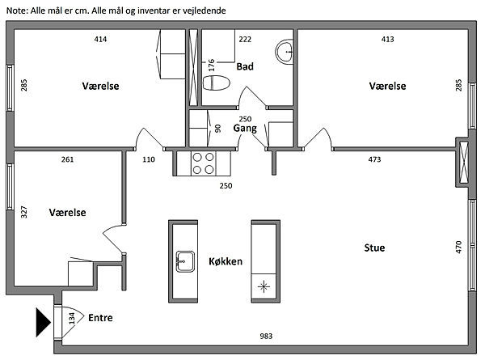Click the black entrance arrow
coord(43,322)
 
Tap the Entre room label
coord(100,318)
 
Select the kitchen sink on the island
coord(185,261)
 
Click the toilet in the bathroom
coord(217,83)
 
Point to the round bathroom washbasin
coord(285,52)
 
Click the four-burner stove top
coord(203,163)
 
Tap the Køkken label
coord(226,261)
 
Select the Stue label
coord(374,248)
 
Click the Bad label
coord(245,66)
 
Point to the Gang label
coord(245,128)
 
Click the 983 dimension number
coord(266,337)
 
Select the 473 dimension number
coord(374,159)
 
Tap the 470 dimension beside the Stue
coord(458,247)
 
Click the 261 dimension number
coord(67,159)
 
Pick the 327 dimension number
coord(24,212)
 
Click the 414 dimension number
coord(100,39)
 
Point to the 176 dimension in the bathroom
coord(212,65)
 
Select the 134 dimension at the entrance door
coord(72,319)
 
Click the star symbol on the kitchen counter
coord(264,286)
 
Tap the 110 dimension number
coord(149,159)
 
